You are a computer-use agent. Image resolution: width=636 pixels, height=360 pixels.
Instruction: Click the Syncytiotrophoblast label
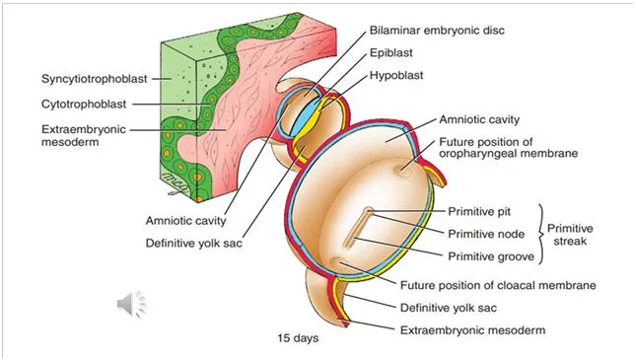pyautogui.click(x=94, y=79)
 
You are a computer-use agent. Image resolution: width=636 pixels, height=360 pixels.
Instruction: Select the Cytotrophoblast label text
pyautogui.click(x=84, y=105)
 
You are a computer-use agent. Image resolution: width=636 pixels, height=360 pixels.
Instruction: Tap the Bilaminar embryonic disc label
pyautogui.click(x=437, y=31)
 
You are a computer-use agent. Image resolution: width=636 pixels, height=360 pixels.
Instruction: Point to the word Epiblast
pyautogui.click(x=390, y=53)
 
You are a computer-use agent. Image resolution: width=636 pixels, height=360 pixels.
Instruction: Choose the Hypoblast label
pyautogui.click(x=395, y=76)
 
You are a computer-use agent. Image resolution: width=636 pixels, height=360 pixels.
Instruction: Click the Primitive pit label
pyautogui.click(x=479, y=212)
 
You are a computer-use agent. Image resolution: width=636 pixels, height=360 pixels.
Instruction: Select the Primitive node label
pyautogui.click(x=486, y=234)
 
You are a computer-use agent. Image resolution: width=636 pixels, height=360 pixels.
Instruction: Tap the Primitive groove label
pyautogui.click(x=491, y=256)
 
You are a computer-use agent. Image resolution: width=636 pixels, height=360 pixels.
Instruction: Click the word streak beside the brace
pyautogui.click(x=570, y=241)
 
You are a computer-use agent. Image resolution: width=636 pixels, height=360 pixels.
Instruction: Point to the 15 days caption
pyautogui.click(x=298, y=338)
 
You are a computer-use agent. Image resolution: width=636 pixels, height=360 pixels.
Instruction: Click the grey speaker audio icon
pyautogui.click(x=131, y=304)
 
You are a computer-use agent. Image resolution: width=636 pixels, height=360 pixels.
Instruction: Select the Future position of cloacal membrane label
pyautogui.click(x=498, y=285)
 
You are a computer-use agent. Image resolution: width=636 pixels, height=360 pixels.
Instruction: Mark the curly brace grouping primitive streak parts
pyautogui.click(x=541, y=234)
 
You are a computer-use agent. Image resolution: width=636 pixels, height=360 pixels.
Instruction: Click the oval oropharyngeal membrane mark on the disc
pyautogui.click(x=403, y=170)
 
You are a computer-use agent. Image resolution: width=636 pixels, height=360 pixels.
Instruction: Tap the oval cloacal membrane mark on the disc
pyautogui.click(x=340, y=262)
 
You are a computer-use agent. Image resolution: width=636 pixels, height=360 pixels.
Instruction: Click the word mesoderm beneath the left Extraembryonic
pyautogui.click(x=70, y=142)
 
